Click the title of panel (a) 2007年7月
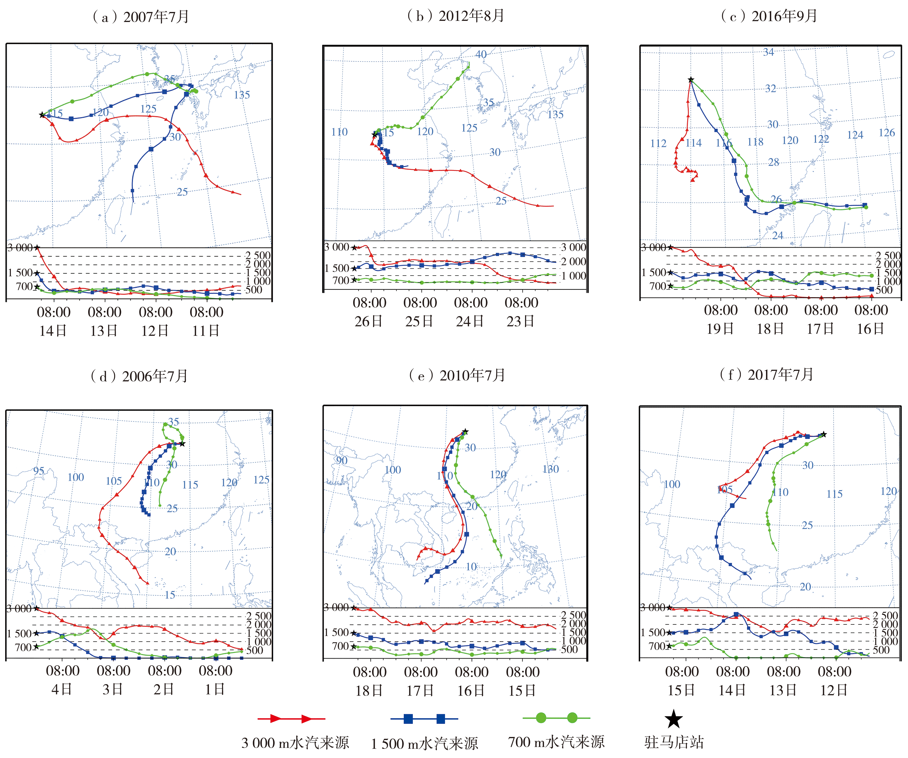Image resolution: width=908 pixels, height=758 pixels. pyautogui.click(x=141, y=17)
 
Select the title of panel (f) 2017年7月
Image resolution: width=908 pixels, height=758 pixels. pyautogui.click(x=766, y=374)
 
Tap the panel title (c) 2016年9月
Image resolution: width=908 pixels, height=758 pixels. pyautogui.click(x=769, y=16)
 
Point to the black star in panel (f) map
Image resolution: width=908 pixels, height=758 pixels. pyautogui.click(x=824, y=434)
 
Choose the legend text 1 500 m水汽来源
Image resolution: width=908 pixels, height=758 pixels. pyautogui.click(x=424, y=743)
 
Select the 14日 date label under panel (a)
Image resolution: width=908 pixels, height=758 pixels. pyautogui.click(x=53, y=331)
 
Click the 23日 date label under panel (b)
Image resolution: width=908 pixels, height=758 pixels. pyautogui.click(x=521, y=321)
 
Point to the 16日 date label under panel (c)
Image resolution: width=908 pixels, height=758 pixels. pyautogui.click(x=870, y=329)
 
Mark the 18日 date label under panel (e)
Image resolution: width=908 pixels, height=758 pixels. pyautogui.click(x=369, y=691)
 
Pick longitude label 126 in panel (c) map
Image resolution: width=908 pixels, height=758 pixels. pyautogui.click(x=886, y=133)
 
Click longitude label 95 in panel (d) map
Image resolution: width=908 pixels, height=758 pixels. pyautogui.click(x=39, y=471)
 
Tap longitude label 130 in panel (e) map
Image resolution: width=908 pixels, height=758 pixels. pyautogui.click(x=550, y=469)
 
